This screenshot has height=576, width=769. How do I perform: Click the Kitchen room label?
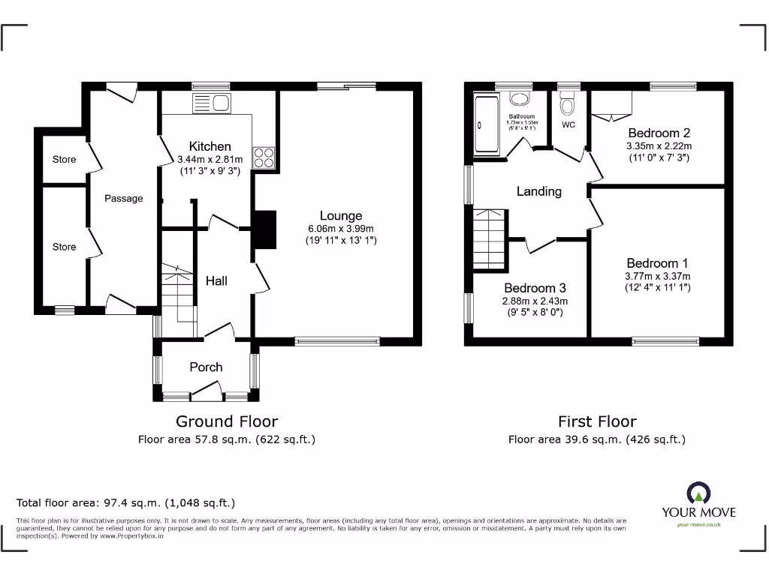click(210, 146)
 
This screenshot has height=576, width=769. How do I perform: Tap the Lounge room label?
click(340, 216)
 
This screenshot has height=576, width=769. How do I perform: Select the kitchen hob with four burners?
click(264, 157)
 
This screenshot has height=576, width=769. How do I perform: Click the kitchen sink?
click(213, 103)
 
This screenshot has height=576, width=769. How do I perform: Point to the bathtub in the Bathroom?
click(485, 126)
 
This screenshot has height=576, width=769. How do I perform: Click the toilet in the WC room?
click(568, 100)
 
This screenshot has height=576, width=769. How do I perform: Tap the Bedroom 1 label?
click(657, 263)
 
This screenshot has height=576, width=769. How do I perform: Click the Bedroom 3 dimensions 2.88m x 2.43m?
click(534, 301)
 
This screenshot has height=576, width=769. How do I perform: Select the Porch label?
click(206, 367)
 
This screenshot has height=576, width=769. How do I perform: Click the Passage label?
click(123, 199)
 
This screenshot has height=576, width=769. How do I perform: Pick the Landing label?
click(538, 191)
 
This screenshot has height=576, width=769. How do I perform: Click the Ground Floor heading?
click(227, 421)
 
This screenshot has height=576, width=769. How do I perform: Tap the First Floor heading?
click(596, 421)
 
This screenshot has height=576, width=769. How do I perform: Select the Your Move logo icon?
click(698, 493)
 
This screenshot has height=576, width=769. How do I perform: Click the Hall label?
click(216, 280)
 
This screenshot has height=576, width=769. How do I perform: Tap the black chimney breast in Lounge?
click(264, 228)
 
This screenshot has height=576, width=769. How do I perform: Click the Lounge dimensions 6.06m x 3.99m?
click(340, 229)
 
